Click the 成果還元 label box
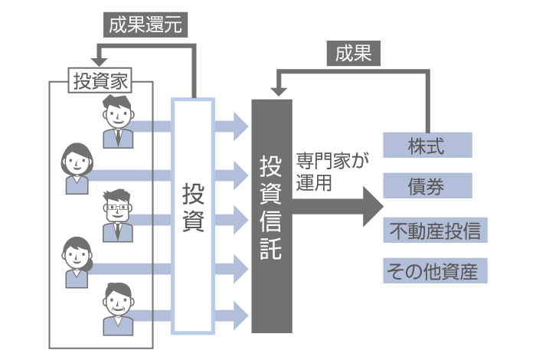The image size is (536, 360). point(145,25)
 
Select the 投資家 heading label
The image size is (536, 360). point(100,80)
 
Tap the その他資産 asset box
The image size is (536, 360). point(435,270)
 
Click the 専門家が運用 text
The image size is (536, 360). point(332,173)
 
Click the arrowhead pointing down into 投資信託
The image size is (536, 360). point(276,91)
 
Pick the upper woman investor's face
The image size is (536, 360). point(76,162)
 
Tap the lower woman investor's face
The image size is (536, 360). point(76,254)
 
